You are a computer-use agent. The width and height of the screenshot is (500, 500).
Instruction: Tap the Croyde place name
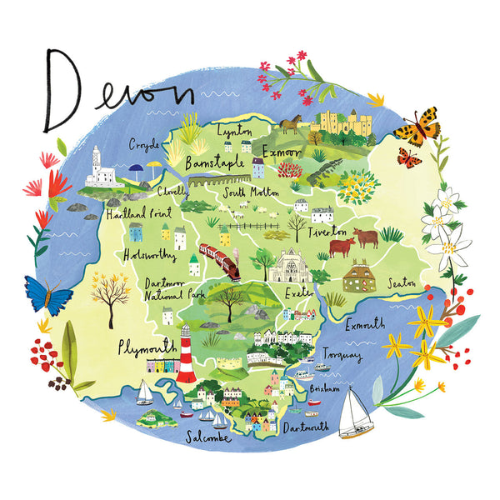coord(143,144)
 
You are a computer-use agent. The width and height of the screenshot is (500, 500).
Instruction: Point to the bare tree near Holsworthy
coord(110,288)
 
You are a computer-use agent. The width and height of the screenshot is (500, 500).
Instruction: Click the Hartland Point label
coord(136,214)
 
